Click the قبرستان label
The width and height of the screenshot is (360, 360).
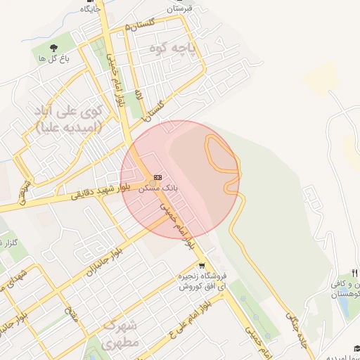pyautogui.click(x=179, y=9)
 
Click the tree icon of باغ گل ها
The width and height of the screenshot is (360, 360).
pyautogui.click(x=53, y=47)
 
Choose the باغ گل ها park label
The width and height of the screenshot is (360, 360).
pyautogui.click(x=53, y=58)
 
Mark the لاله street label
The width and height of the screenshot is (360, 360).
pyautogui.click(x=139, y=94)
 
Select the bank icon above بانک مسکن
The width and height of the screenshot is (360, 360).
pyautogui.click(x=157, y=177)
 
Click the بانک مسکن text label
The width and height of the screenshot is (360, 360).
pyautogui.click(x=157, y=188)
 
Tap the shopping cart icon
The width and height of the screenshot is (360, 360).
pyautogui.click(x=202, y=266)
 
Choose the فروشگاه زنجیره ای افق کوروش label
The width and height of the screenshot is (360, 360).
pyautogui.click(x=201, y=281)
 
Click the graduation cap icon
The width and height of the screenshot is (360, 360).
pyautogui.click(x=356, y=349)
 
